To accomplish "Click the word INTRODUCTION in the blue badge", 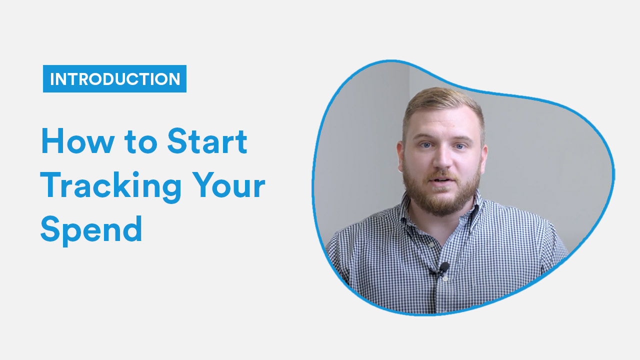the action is [x=115, y=79].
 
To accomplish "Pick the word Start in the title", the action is [x=207, y=141].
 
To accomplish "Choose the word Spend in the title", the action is [x=91, y=230].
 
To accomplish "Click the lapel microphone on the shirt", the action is [x=443, y=267].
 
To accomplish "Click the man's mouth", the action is [x=441, y=180].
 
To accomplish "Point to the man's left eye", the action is [x=459, y=146].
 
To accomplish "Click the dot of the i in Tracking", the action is [x=135, y=174].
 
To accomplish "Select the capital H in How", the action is [x=52, y=141].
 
